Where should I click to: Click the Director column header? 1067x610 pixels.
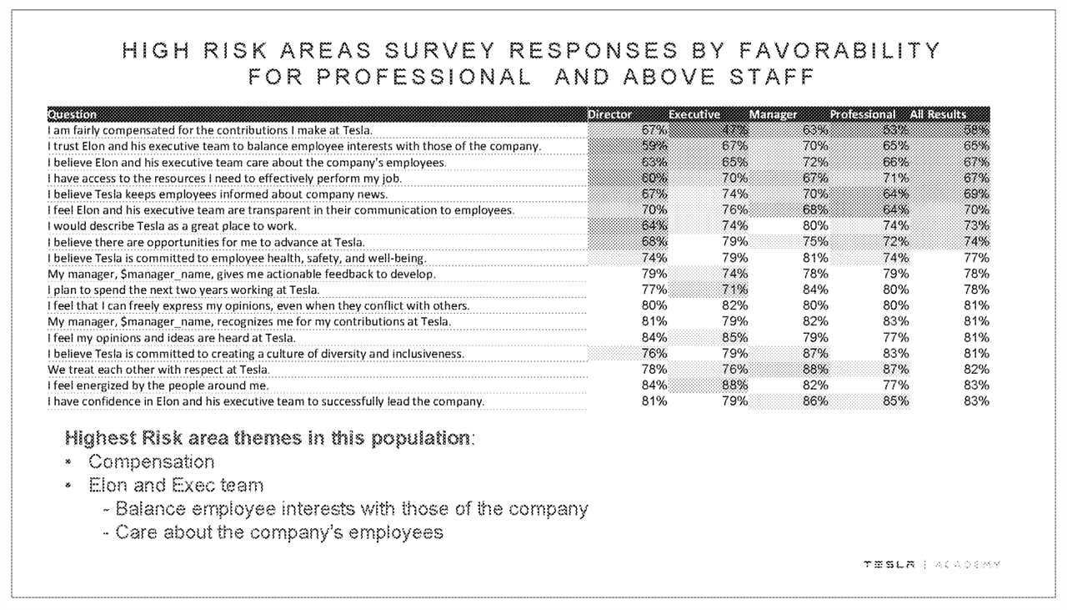coord(609,114)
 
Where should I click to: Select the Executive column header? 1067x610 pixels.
coord(694,114)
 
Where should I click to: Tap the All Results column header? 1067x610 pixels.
coord(939,114)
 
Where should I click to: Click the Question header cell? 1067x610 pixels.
coord(73,114)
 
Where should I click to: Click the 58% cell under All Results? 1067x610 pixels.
coord(976,130)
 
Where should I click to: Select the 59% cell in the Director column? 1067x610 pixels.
coord(654,146)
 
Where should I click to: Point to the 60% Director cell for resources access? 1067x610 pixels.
coord(654,178)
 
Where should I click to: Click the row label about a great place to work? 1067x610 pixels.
coord(172,226)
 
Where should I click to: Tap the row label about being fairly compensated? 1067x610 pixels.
coord(209,130)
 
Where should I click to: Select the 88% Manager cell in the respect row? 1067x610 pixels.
coord(815,370)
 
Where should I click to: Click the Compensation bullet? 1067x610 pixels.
coord(151,462)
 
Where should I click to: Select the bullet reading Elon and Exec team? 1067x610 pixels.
coord(176,486)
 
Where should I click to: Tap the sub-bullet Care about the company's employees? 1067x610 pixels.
coord(278,532)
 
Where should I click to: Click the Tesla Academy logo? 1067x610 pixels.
coord(932,565)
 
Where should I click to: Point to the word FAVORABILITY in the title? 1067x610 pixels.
coord(840,51)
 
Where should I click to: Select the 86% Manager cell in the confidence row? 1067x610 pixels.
coord(815,401)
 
